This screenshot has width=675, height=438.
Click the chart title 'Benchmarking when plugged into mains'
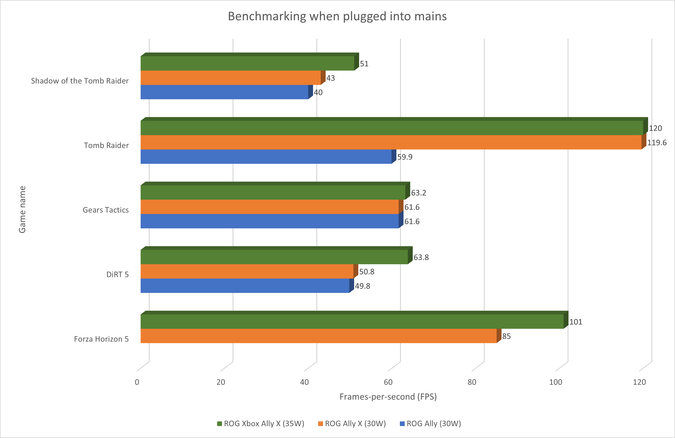337,16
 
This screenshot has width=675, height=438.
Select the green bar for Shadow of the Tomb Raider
247,63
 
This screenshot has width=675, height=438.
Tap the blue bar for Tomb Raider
266,156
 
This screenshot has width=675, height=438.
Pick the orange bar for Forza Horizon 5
319,336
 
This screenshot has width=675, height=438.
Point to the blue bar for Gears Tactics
269,221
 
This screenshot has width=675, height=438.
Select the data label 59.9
405,157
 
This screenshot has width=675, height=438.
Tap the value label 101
576,322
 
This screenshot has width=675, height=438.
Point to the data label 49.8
362,286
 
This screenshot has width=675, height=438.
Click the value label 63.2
419,193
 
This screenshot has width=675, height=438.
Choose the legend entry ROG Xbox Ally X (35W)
261,424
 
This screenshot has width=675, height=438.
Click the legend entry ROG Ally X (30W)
352,424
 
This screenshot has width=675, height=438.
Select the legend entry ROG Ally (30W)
430,424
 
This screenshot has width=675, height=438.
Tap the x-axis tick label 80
472,382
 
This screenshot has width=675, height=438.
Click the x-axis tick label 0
137,382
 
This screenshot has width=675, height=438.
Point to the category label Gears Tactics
105,210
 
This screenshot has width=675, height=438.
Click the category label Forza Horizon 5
101,339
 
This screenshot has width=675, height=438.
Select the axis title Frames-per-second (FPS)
388,397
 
